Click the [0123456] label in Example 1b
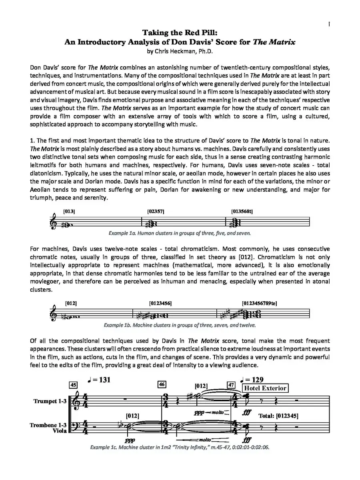(160, 304)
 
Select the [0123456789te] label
(259, 304)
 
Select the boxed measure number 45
(73, 385)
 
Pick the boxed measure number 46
(162, 384)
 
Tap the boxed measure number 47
(231, 385)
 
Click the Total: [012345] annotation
(278, 416)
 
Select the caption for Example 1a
(180, 232)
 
